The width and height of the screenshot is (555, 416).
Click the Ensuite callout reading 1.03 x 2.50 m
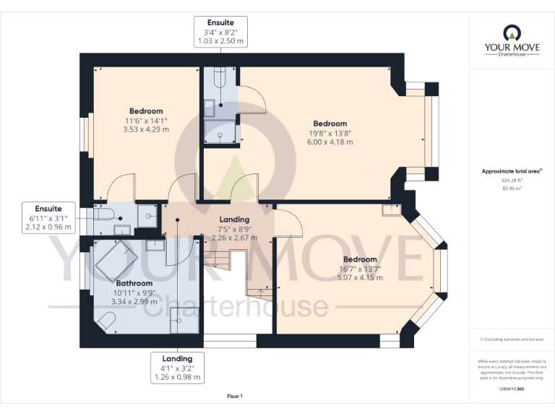pyautogui.click(x=222, y=32)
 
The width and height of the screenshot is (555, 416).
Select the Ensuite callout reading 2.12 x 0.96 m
pyautogui.click(x=48, y=217)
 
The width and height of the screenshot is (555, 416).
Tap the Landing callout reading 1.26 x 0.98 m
pyautogui.click(x=177, y=368)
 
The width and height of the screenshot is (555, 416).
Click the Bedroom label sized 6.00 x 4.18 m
pyautogui.click(x=330, y=133)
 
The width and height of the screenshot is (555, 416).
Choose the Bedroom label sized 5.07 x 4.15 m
pyautogui.click(x=360, y=269)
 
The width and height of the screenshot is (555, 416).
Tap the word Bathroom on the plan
pyautogui.click(x=134, y=283)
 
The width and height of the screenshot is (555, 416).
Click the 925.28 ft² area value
pyautogui.click(x=511, y=181)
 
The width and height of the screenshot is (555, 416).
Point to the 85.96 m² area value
pyautogui.click(x=512, y=188)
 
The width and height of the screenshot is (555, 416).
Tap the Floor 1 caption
pyautogui.click(x=234, y=396)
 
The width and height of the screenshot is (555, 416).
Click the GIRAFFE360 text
pyautogui.click(x=511, y=389)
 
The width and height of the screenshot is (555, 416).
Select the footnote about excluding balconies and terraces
pyautogui.click(x=512, y=339)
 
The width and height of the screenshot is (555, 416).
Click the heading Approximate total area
pyautogui.click(x=512, y=171)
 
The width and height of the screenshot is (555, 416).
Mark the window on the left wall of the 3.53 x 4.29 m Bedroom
pyautogui.click(x=85, y=134)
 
